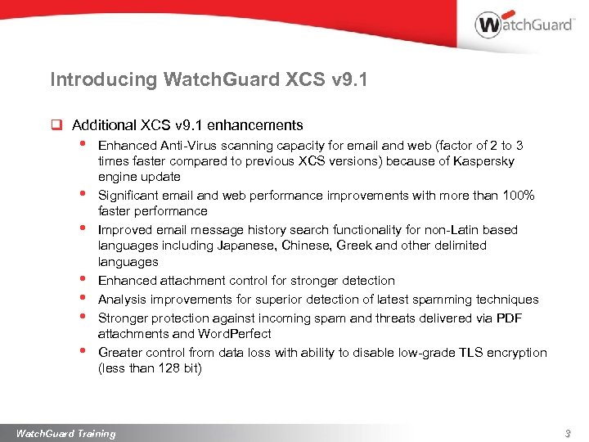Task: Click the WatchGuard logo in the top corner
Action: (x=524, y=25)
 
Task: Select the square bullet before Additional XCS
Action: (x=56, y=126)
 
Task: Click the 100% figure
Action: (x=518, y=196)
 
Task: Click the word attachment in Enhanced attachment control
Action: (x=187, y=281)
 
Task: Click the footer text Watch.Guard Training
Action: (x=66, y=433)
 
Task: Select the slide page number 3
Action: (x=567, y=433)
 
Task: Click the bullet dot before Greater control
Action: (x=83, y=351)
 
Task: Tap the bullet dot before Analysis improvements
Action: (x=83, y=298)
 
